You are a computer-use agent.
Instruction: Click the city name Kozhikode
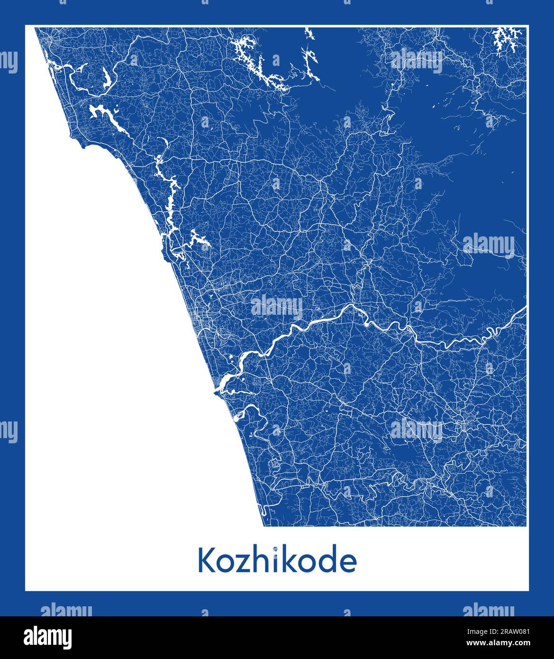277,561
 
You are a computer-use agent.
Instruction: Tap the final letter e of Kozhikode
347,564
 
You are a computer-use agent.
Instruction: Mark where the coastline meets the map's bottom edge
263,525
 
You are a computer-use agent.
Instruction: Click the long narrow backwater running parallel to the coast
168,190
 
